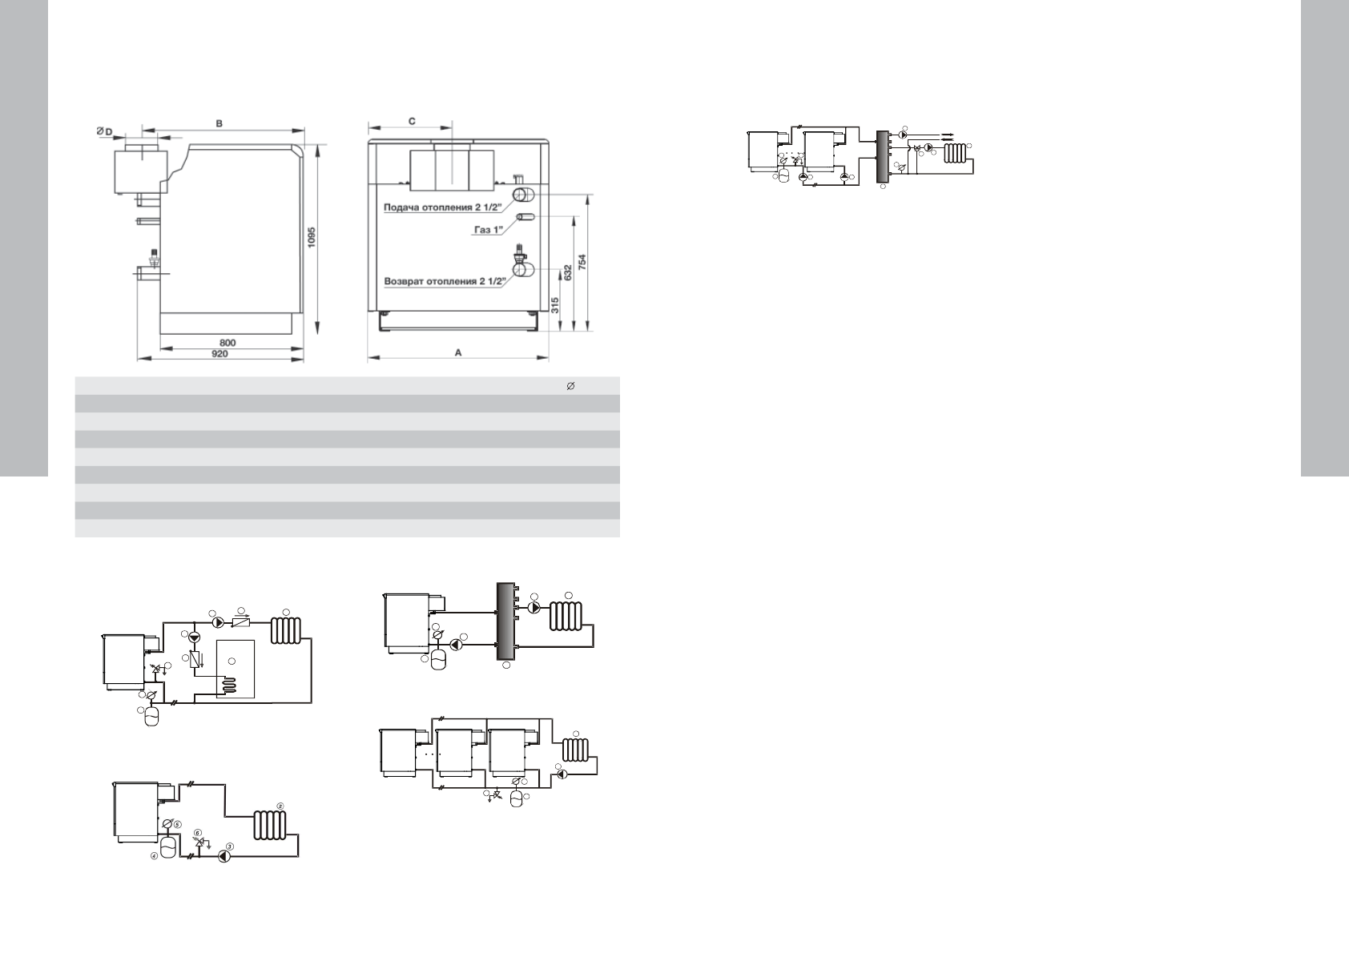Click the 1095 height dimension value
click(x=312, y=236)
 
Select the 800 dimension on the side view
click(x=228, y=343)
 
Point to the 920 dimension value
click(x=219, y=353)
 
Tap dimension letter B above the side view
click(x=219, y=123)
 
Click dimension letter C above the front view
click(x=412, y=121)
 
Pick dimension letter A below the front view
click(x=458, y=353)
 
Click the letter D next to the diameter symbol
click(x=108, y=132)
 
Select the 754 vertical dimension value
click(x=582, y=262)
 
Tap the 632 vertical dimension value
click(x=566, y=273)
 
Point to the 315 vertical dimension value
click(x=554, y=305)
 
